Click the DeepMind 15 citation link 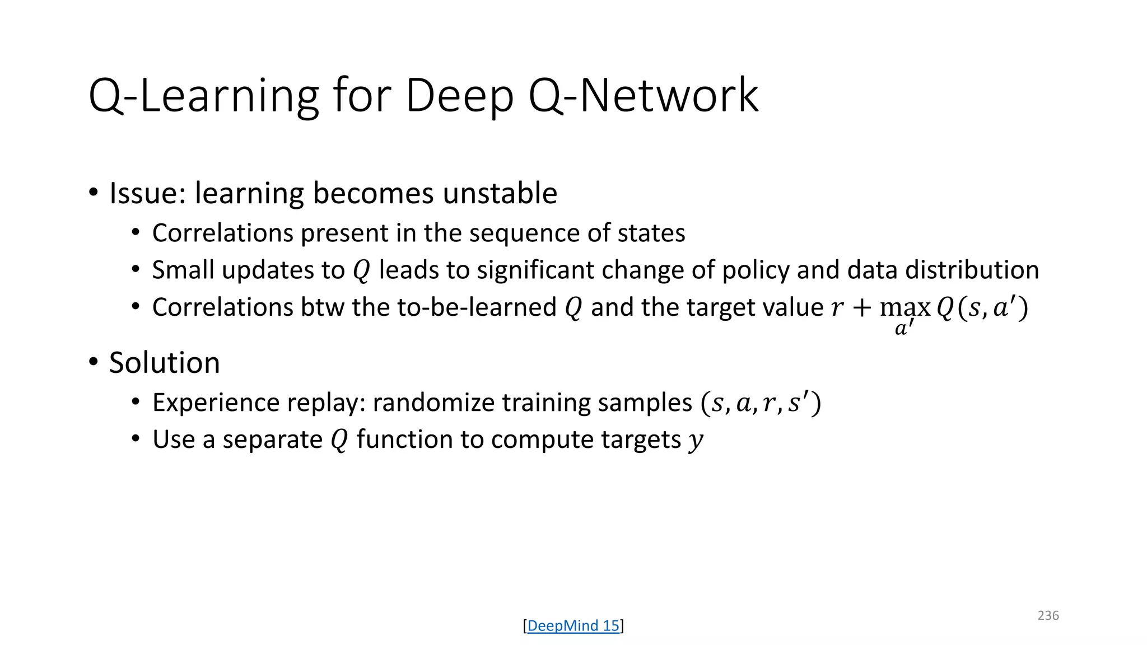tap(573, 625)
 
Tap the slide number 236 tap(1048, 615)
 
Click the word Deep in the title tap(459, 96)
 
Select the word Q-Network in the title tap(644, 96)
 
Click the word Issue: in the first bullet tap(147, 194)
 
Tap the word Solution tap(164, 363)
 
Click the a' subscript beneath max tap(904, 328)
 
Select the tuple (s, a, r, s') tap(761, 403)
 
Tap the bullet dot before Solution tap(94, 362)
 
